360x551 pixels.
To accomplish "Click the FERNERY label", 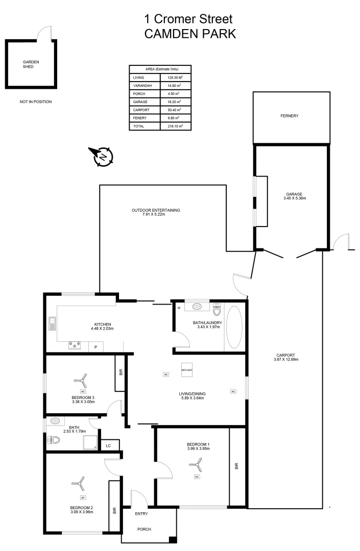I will (x=289, y=116).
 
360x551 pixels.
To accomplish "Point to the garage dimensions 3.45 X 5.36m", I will (x=294, y=198).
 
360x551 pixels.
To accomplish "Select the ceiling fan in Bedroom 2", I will (x=78, y=482).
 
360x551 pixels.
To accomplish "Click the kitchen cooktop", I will (x=75, y=346).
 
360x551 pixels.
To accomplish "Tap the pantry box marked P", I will (x=95, y=347).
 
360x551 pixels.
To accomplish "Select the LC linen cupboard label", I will (x=108, y=445).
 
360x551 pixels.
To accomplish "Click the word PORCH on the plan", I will (x=144, y=529).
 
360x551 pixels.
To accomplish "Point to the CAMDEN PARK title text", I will (x=189, y=34).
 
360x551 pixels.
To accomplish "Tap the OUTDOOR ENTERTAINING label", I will (x=156, y=210).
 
